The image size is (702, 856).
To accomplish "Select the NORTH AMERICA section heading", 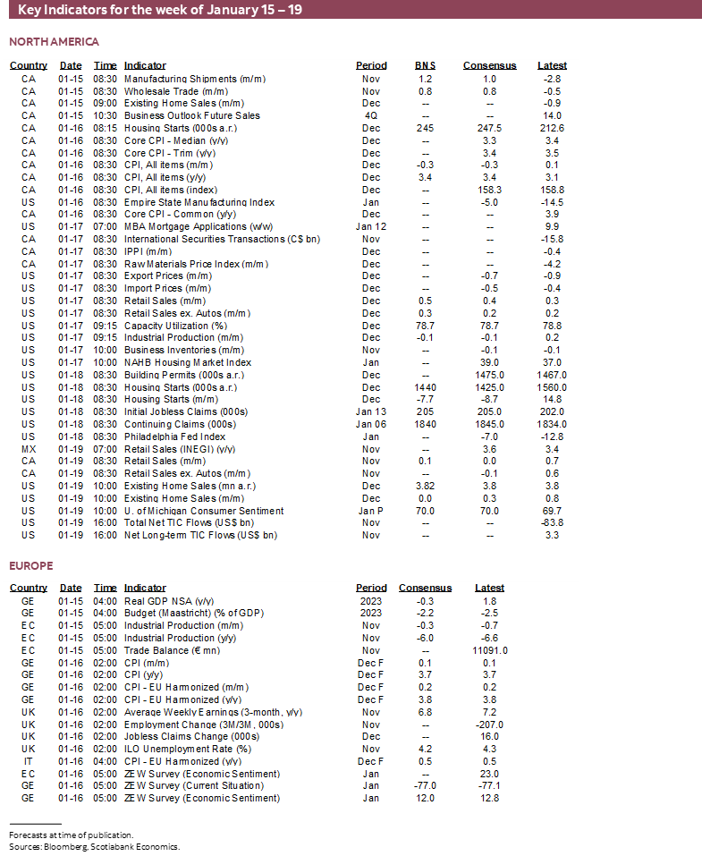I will [54, 42].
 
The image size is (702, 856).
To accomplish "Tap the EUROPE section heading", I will [31, 565].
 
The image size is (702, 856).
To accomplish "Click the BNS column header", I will [425, 65].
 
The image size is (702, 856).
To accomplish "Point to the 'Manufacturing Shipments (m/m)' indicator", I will [194, 79].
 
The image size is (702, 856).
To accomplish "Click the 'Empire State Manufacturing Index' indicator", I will [199, 202].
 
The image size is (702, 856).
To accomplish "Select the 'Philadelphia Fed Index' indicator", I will [174, 436].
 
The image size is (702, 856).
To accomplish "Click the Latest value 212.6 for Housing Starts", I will [552, 128].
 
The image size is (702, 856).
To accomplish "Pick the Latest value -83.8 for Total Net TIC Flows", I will [552, 522].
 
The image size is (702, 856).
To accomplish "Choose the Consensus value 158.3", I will [489, 190].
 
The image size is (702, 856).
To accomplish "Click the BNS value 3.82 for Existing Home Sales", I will [425, 486].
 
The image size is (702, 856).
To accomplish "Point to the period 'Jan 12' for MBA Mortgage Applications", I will [371, 226].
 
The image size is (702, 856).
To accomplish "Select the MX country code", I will [28, 449].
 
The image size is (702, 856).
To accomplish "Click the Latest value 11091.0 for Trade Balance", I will [489, 650].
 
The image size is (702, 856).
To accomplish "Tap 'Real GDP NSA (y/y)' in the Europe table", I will [168, 601].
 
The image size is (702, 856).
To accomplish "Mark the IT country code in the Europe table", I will [28, 761].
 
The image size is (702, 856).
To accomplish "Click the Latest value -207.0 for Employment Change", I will [489, 725].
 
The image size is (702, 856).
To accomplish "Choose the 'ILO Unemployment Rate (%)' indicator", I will [187, 749].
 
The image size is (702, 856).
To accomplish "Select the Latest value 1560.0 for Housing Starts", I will [552, 387].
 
